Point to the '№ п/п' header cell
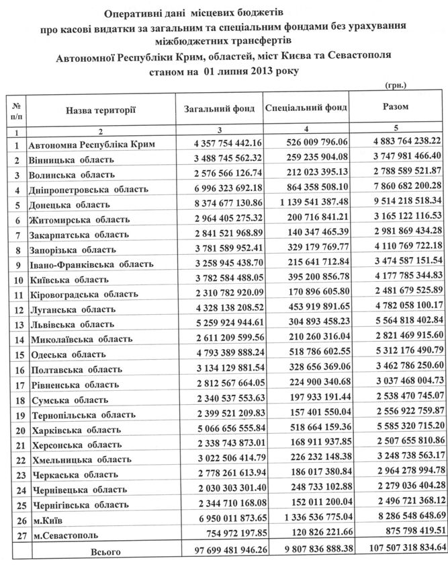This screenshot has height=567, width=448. point(15,110)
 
